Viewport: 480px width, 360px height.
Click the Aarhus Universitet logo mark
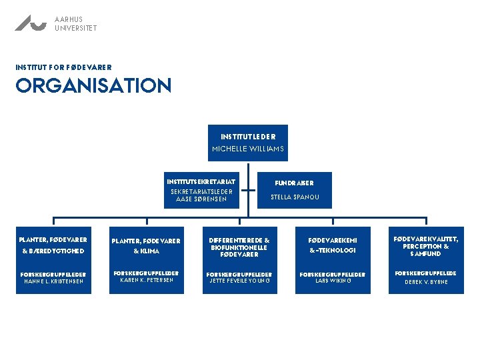[x=31, y=23]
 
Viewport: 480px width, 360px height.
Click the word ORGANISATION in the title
[x=93, y=86]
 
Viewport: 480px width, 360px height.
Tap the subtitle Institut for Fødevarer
[x=63, y=67]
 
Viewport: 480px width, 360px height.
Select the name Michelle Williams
[x=248, y=149]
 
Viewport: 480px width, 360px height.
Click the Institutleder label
[x=248, y=137]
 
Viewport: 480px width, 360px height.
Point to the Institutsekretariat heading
[x=201, y=181]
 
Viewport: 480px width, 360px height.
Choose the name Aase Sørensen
[x=201, y=199]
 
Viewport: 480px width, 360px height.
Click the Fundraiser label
[x=294, y=183]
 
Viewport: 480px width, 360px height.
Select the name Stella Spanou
[x=294, y=197]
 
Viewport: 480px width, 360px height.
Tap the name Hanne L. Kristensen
[x=53, y=281]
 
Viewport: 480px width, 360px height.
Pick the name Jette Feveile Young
[x=239, y=281]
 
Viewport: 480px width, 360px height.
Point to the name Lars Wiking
[x=333, y=281]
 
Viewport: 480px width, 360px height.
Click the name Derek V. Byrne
[x=426, y=282]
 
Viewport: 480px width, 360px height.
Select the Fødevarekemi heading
[x=333, y=240]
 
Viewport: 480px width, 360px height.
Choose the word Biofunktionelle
[x=239, y=247]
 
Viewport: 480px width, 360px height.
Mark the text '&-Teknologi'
[x=333, y=251]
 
